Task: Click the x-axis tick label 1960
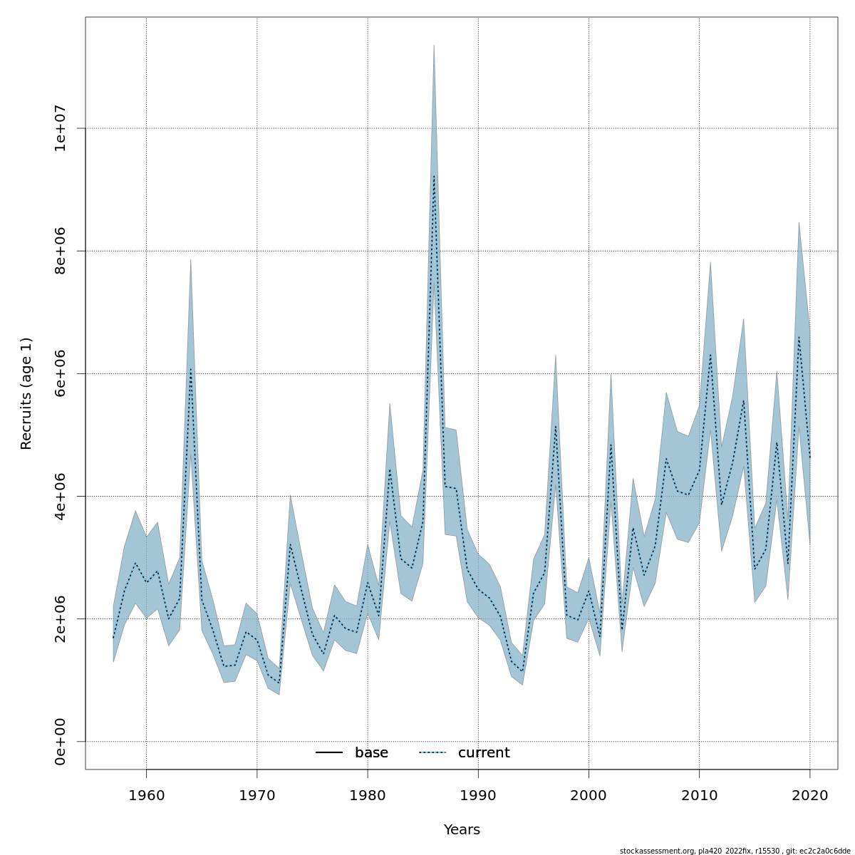pyautogui.click(x=146, y=794)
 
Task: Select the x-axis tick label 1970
pyautogui.click(x=256, y=794)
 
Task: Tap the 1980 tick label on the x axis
pyautogui.click(x=368, y=794)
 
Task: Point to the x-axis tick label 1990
pyautogui.click(x=478, y=794)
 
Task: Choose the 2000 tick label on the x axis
pyautogui.click(x=589, y=794)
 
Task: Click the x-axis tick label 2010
pyautogui.click(x=699, y=794)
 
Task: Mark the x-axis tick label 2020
pyautogui.click(x=810, y=794)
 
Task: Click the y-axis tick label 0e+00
pyautogui.click(x=61, y=742)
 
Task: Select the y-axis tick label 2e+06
pyautogui.click(x=61, y=619)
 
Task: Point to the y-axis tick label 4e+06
pyautogui.click(x=61, y=496)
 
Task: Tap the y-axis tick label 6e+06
pyautogui.click(x=61, y=373)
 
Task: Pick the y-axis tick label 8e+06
pyautogui.click(x=61, y=251)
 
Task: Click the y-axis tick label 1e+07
pyautogui.click(x=61, y=128)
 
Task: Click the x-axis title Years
pyautogui.click(x=462, y=830)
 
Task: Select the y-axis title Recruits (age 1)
pyautogui.click(x=26, y=393)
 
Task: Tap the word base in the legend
pyautogui.click(x=371, y=753)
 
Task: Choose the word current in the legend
pyautogui.click(x=484, y=753)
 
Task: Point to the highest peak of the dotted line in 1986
pyautogui.click(x=434, y=176)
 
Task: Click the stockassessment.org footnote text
pyautogui.click(x=735, y=850)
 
